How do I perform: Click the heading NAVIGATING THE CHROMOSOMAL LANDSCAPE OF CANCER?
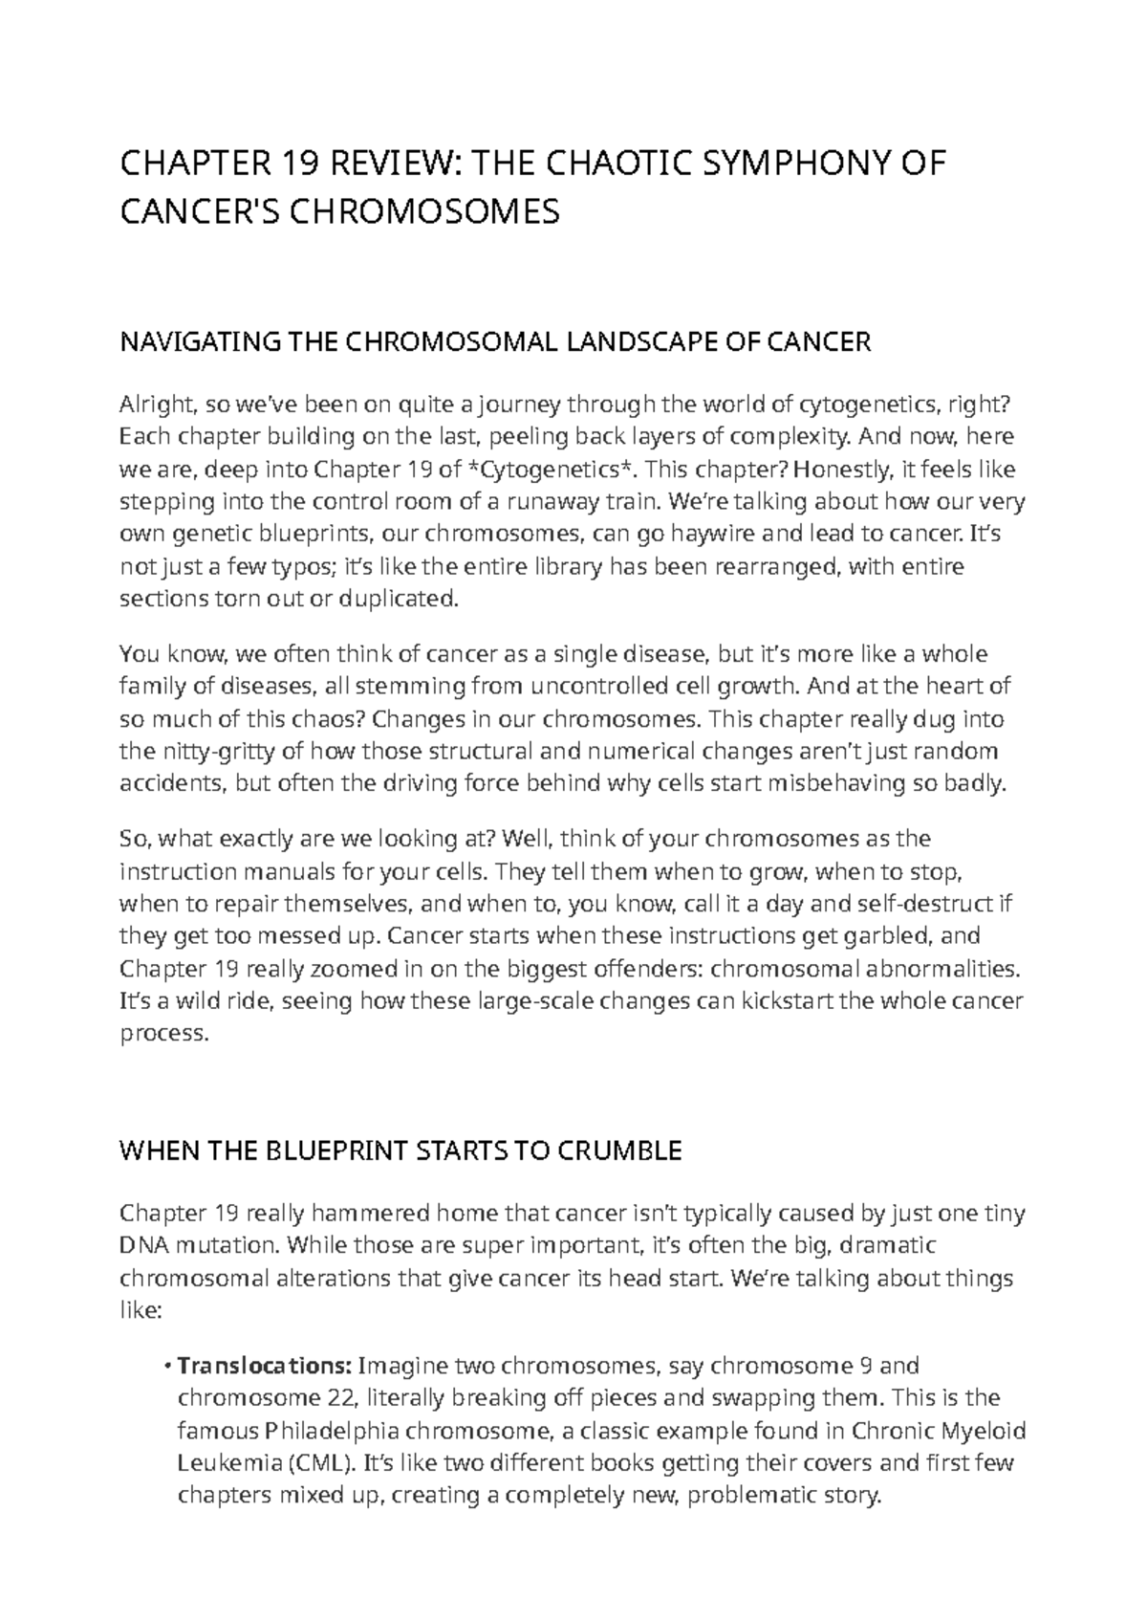tap(494, 341)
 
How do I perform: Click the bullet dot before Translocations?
tap(168, 1366)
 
